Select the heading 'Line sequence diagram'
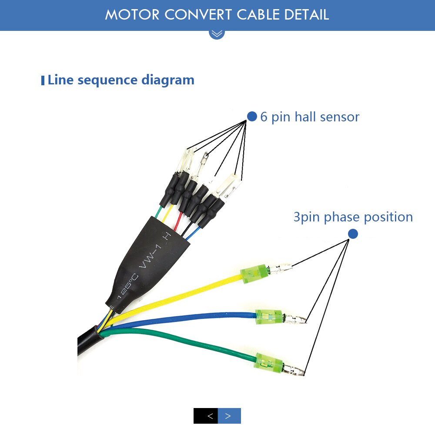[x=120, y=80]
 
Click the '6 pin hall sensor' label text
[x=310, y=117]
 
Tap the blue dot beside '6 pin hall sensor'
[x=252, y=116]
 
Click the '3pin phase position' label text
[x=353, y=217]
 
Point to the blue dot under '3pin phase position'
[x=353, y=234]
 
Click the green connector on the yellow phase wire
[x=253, y=274]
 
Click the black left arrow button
[x=206, y=416]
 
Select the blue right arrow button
[x=229, y=416]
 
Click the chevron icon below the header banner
[x=217, y=33]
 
